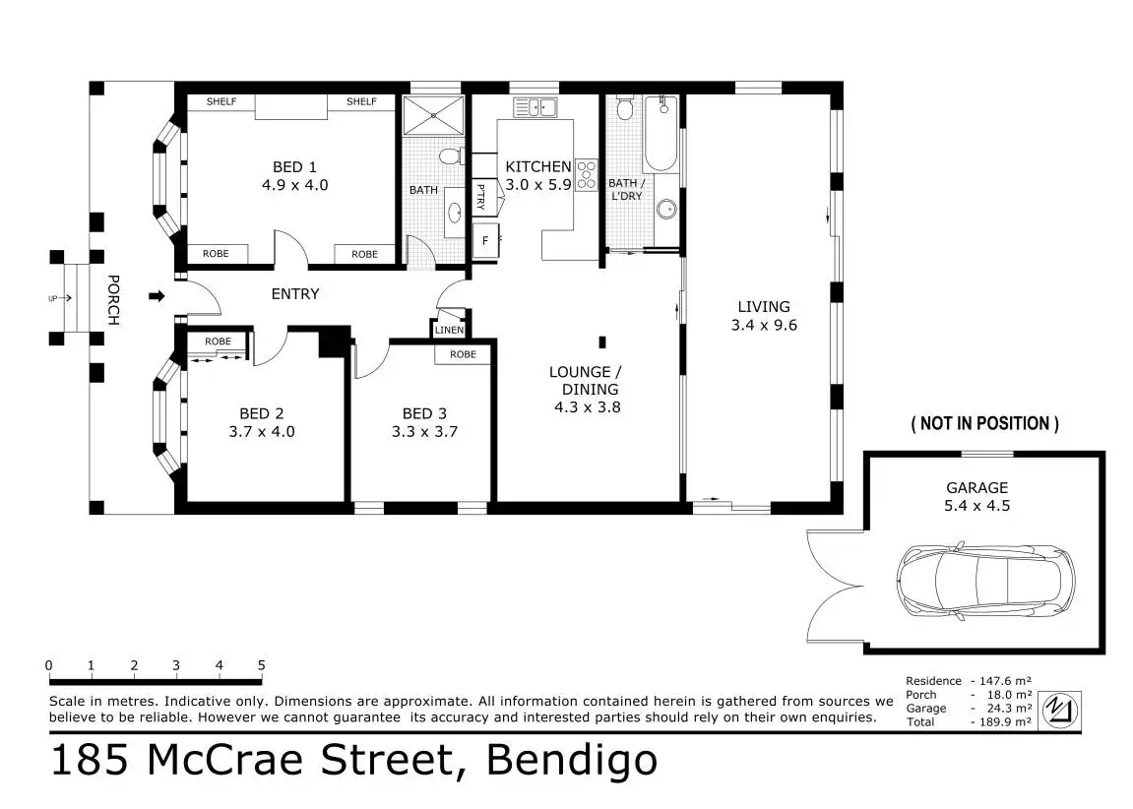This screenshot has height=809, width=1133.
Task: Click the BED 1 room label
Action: click(x=294, y=167)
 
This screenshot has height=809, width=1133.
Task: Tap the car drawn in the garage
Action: click(x=985, y=580)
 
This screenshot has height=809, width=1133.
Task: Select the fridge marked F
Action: click(x=485, y=240)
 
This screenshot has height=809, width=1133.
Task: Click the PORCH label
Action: click(x=113, y=300)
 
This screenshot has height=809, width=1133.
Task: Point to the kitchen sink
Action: click(x=535, y=107)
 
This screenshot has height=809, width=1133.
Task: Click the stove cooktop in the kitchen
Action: click(x=587, y=174)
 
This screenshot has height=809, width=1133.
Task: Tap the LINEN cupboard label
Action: click(x=450, y=330)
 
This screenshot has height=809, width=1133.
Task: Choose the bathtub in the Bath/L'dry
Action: click(x=661, y=134)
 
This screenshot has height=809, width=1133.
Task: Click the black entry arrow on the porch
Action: click(x=157, y=295)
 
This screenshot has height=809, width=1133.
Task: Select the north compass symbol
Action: click(x=1061, y=710)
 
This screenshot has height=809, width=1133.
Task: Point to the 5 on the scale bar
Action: click(x=261, y=665)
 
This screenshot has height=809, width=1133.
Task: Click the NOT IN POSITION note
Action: click(x=985, y=424)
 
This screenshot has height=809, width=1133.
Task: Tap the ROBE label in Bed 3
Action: click(x=464, y=354)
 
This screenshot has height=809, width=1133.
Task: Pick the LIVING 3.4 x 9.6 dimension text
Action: click(x=764, y=325)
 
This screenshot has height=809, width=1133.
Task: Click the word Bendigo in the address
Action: click(x=572, y=760)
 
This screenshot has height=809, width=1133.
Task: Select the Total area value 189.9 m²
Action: click(x=1004, y=721)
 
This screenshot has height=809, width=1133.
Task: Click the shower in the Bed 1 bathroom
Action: click(x=433, y=115)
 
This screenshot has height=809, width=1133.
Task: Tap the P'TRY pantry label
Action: click(x=480, y=197)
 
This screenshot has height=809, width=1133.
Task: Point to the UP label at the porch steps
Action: click(x=53, y=298)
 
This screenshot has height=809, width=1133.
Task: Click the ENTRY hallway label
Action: click(x=294, y=294)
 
